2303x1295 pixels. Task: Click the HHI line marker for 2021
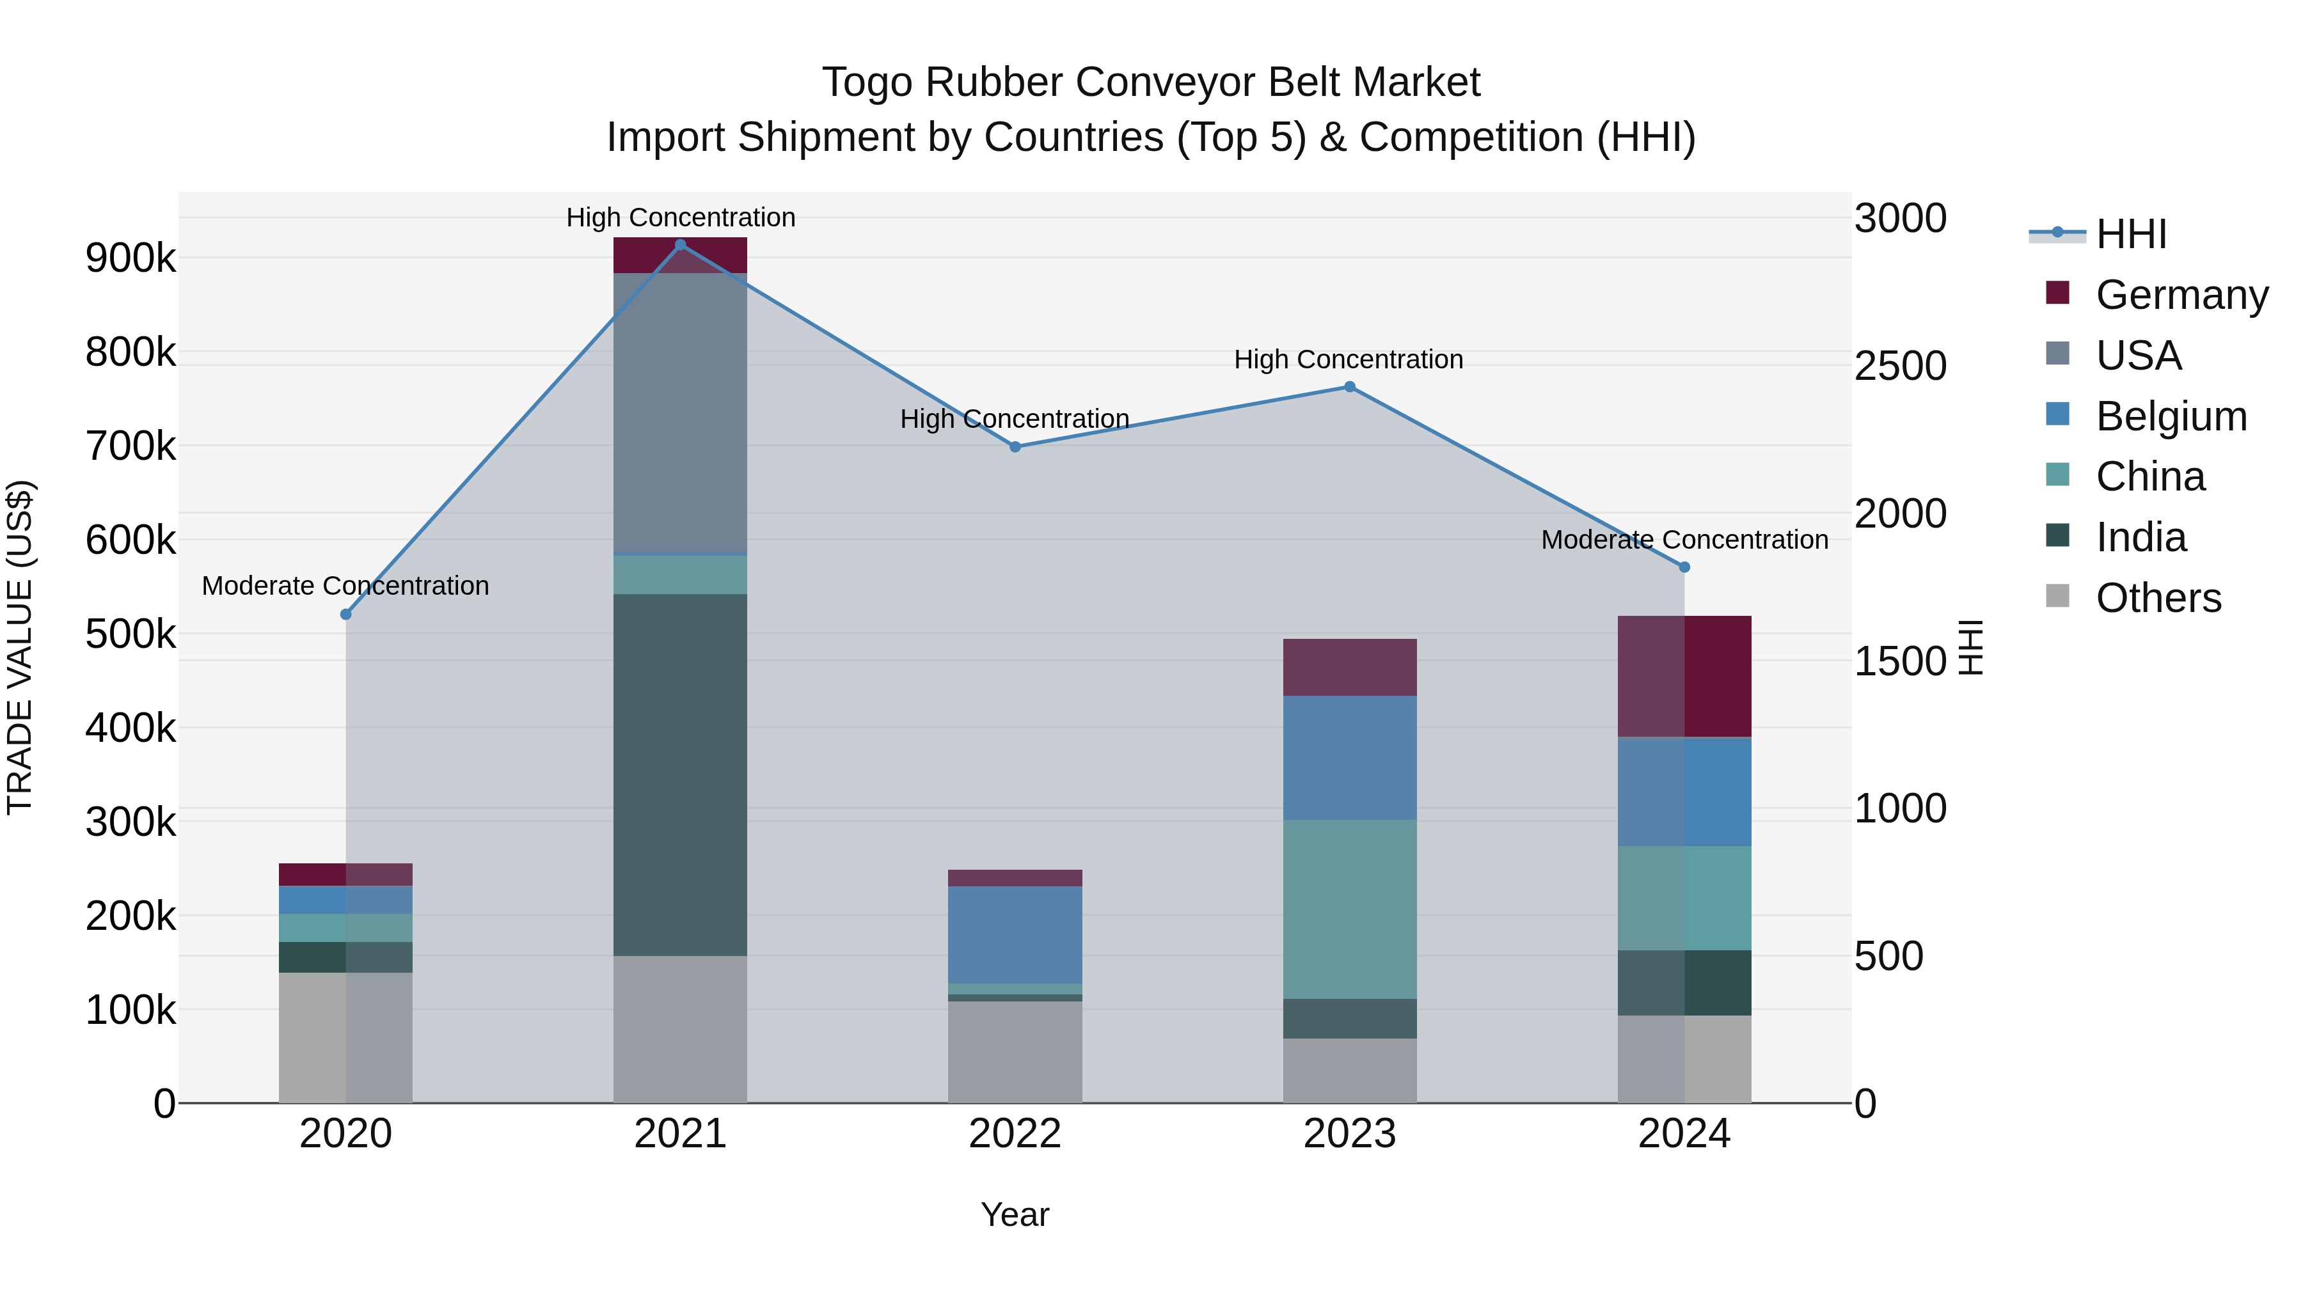[681, 245]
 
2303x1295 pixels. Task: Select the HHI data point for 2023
[1350, 387]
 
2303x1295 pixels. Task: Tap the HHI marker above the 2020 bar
[346, 614]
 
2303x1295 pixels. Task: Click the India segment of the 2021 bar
[681, 774]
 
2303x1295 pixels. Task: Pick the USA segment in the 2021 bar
[681, 413]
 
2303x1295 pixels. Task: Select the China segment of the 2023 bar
[1350, 909]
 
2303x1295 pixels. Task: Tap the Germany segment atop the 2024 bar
[1684, 676]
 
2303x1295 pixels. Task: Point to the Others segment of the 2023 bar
[1350, 1070]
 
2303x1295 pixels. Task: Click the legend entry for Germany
[2181, 295]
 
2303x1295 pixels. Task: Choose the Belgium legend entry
[2171, 416]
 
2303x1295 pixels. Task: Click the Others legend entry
[2158, 598]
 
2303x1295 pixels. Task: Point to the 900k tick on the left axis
[131, 258]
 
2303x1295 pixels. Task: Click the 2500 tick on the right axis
[1900, 366]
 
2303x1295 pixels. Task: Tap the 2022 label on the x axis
[1015, 1134]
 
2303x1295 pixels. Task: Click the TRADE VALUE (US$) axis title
[20, 647]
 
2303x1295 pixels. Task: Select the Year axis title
[1015, 1214]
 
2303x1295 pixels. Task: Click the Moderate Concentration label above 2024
[1684, 540]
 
